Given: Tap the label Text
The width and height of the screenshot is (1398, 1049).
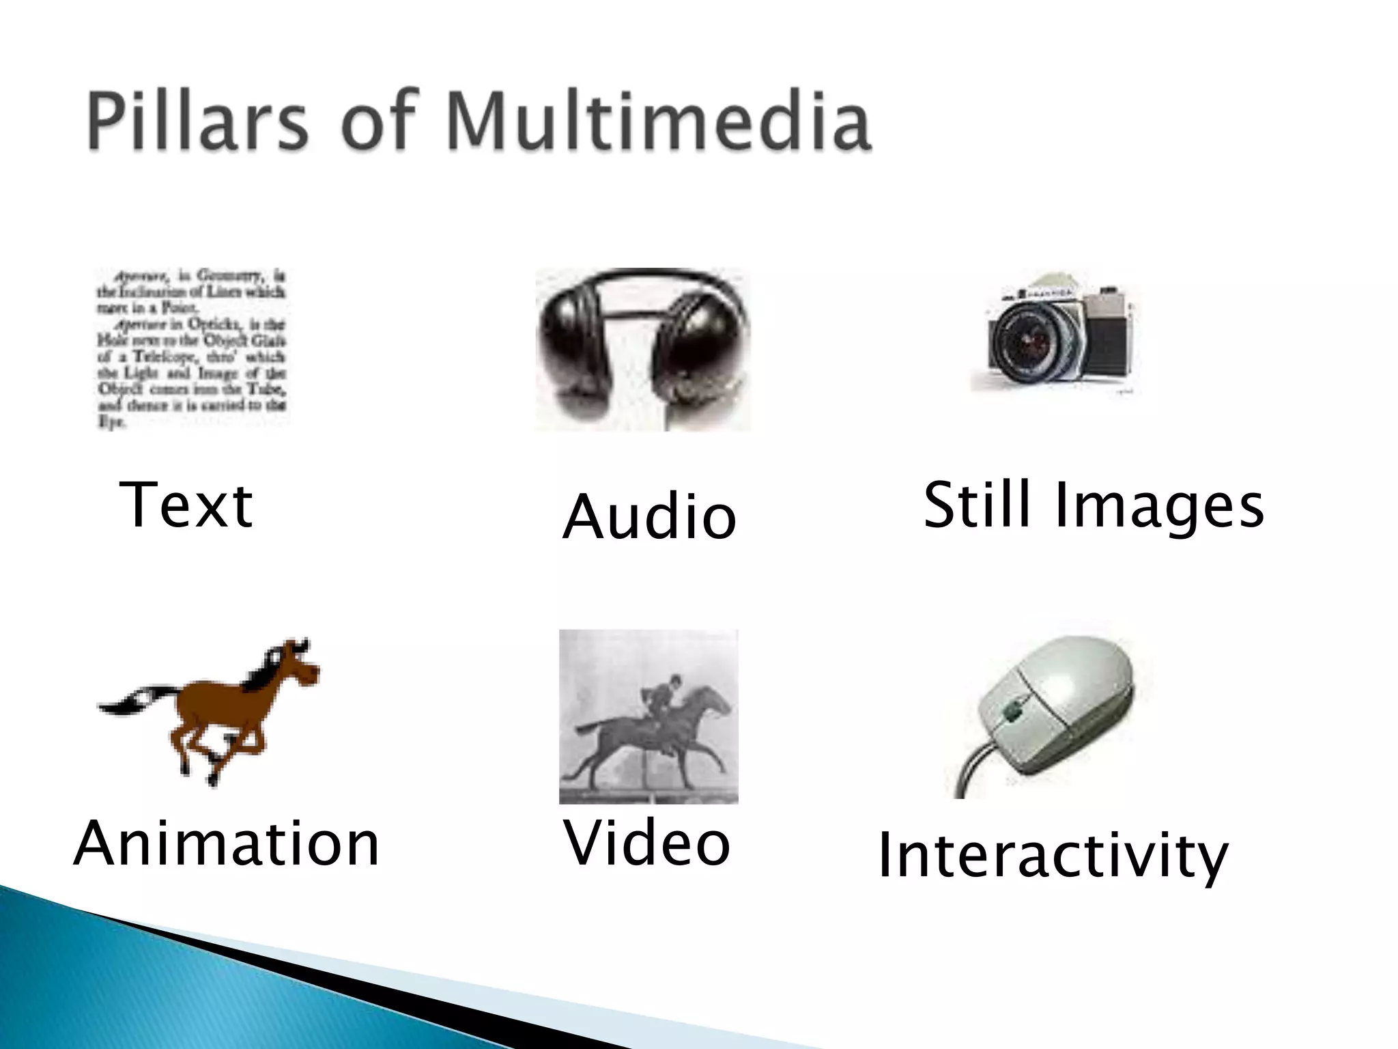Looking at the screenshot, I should point(186,505).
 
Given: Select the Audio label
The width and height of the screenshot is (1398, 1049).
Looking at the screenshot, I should point(648,518).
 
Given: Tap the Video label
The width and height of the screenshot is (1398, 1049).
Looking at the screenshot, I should point(646,844).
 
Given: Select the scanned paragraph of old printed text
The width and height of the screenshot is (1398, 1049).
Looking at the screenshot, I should point(191,348).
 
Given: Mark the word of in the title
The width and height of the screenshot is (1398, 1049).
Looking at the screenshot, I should point(379,123).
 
